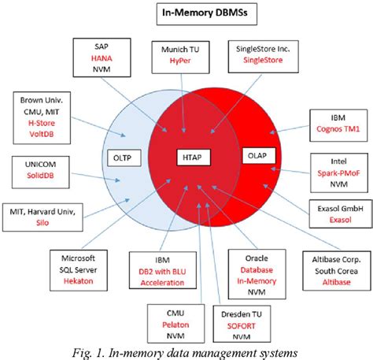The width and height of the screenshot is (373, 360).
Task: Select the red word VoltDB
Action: click(46, 133)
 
